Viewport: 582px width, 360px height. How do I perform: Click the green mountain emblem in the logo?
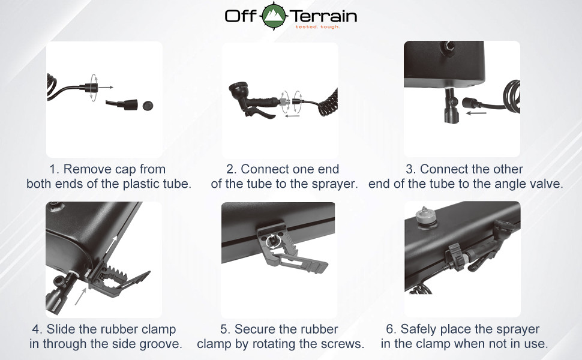click(x=274, y=16)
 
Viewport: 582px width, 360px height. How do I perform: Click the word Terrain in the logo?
click(x=323, y=16)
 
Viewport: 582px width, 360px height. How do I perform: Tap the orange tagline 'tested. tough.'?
click(x=317, y=27)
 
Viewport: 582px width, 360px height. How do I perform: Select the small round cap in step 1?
click(x=148, y=105)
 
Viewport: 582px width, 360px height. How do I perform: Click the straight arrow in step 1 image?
click(x=106, y=88)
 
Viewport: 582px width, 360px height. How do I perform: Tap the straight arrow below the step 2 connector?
click(x=292, y=116)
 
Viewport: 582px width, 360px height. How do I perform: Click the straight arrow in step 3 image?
click(x=476, y=112)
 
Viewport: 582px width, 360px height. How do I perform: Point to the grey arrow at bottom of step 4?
click(x=80, y=296)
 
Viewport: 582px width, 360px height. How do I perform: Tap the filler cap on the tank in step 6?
click(x=422, y=215)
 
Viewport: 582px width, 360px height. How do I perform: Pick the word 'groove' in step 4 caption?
click(x=161, y=344)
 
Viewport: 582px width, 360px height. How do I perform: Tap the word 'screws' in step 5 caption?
click(x=345, y=344)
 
